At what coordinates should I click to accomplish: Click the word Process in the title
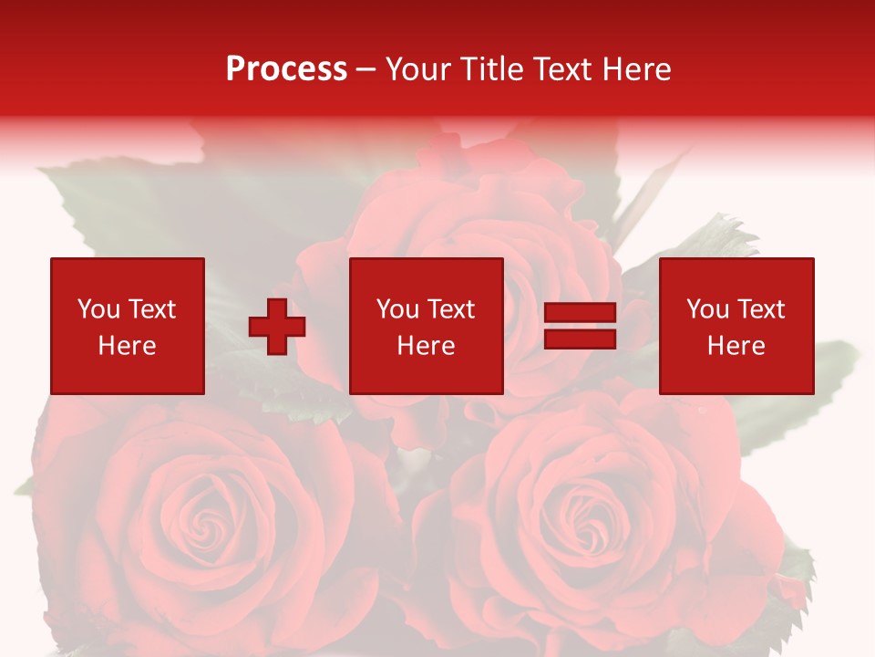(x=286, y=69)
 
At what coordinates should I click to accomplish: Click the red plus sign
(x=277, y=327)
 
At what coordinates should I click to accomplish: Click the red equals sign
(x=580, y=326)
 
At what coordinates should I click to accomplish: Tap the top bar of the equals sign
(x=580, y=313)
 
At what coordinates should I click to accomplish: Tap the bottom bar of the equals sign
(x=580, y=339)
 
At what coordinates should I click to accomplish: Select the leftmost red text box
(x=127, y=326)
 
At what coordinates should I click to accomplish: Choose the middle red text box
(x=426, y=326)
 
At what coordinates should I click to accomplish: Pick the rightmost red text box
(x=736, y=326)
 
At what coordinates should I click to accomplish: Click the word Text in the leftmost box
(x=151, y=309)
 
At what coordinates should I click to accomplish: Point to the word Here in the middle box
(x=426, y=346)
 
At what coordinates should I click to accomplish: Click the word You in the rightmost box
(x=707, y=309)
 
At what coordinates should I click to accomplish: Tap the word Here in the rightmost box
(x=736, y=346)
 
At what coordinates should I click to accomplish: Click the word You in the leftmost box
(x=98, y=309)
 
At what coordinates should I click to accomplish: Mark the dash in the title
(x=365, y=69)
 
